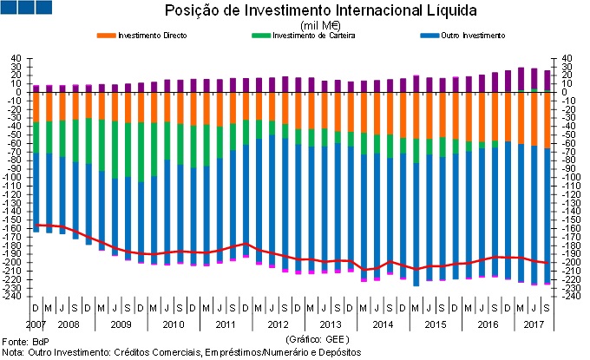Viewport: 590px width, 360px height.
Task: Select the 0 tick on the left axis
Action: pos(17,93)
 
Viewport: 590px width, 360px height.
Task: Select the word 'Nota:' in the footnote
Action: pos(13,352)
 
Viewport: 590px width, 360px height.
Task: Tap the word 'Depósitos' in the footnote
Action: pos(339,352)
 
